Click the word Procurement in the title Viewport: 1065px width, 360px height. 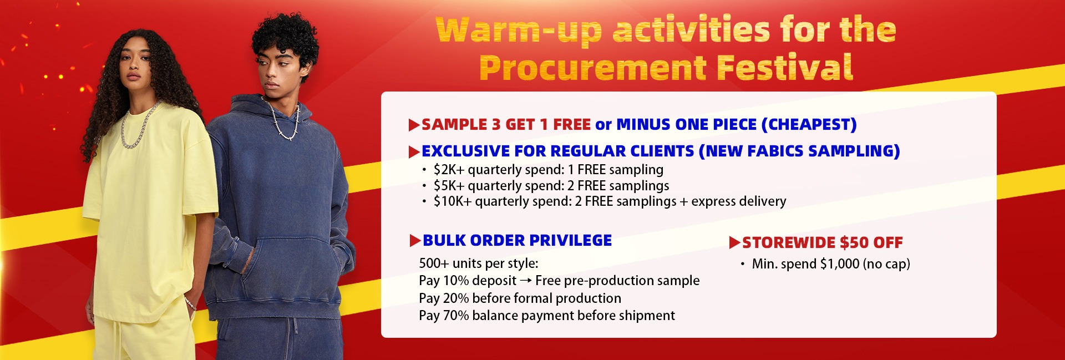(x=592, y=68)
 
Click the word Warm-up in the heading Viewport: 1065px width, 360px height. (x=519, y=31)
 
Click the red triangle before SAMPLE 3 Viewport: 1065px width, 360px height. (x=414, y=125)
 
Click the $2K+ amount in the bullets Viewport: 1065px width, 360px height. (x=449, y=170)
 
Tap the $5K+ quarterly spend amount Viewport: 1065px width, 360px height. (x=449, y=185)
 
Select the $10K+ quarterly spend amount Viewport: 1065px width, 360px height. (x=453, y=201)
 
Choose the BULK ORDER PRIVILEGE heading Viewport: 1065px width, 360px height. (x=517, y=240)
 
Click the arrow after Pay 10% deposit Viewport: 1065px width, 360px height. (x=526, y=281)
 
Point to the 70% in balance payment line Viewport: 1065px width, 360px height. (x=456, y=316)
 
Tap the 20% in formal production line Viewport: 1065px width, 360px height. (x=456, y=298)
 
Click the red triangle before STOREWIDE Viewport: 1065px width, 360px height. (x=734, y=242)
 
